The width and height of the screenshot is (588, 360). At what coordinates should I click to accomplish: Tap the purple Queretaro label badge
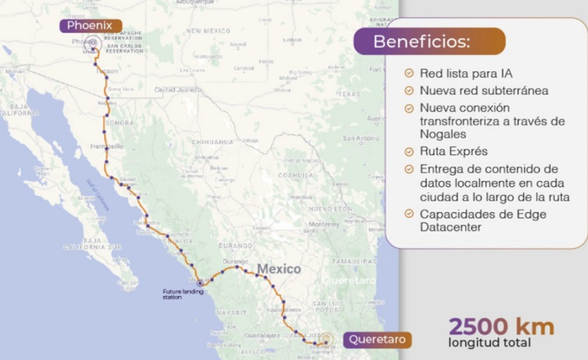click(378, 339)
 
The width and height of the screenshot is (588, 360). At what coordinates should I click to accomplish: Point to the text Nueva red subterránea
click(483, 91)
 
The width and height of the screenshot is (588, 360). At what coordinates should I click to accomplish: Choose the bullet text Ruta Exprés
click(454, 152)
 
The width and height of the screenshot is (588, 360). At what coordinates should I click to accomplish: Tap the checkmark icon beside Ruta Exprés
click(409, 152)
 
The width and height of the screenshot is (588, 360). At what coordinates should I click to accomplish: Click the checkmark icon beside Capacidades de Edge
click(409, 214)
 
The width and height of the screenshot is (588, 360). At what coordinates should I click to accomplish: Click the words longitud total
click(489, 343)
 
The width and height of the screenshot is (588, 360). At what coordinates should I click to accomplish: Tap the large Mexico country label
click(278, 269)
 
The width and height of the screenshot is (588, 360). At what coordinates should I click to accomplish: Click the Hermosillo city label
click(107, 146)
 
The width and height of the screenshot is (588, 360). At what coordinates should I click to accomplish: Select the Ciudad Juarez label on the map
click(177, 90)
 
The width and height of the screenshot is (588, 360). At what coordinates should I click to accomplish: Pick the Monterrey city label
click(324, 224)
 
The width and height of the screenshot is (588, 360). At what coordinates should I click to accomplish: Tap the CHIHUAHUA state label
click(212, 142)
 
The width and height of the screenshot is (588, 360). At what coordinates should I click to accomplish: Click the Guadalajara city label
click(262, 335)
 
